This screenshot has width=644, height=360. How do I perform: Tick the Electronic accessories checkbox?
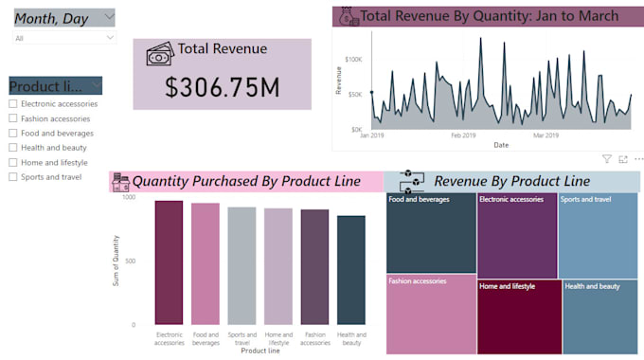click(12, 104)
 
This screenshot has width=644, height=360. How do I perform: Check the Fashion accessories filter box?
click(12, 118)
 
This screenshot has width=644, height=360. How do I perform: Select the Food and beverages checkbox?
click(12, 134)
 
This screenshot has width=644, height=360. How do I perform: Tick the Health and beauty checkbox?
click(12, 148)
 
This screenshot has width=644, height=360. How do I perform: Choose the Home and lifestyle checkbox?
click(12, 162)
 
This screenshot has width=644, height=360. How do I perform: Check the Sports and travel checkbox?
click(12, 177)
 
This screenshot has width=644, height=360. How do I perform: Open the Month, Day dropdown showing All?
click(64, 38)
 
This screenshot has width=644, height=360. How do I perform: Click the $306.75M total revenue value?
click(222, 86)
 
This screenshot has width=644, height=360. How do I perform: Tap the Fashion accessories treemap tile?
click(431, 313)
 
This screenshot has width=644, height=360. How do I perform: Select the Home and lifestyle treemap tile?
click(518, 316)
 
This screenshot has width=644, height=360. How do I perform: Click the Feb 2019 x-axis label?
click(463, 135)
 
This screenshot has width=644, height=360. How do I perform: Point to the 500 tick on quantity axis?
click(129, 261)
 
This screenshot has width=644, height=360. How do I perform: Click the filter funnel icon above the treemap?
click(607, 159)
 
